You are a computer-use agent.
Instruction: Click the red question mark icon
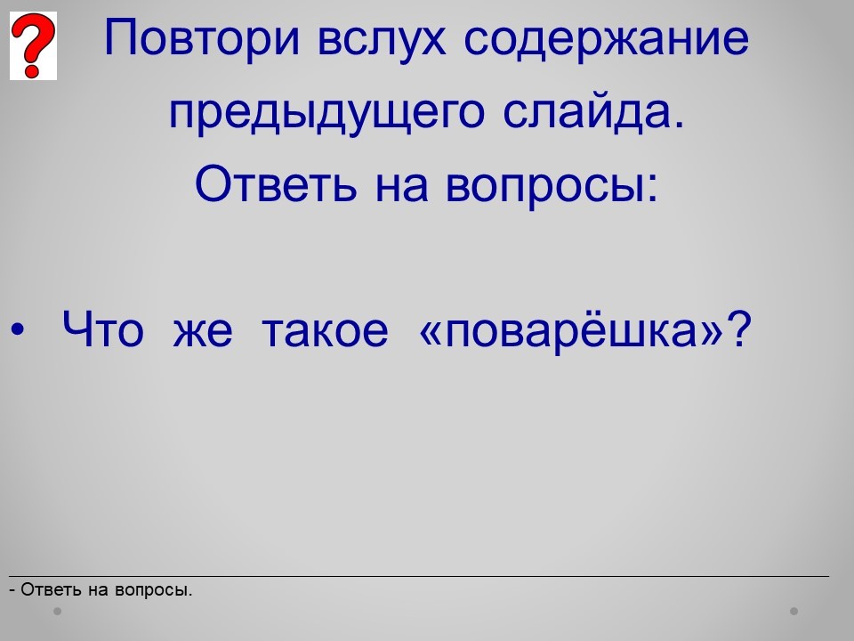pyautogui.click(x=33, y=45)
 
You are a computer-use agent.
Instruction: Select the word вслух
pyautogui.click(x=382, y=39)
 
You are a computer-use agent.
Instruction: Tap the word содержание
pyautogui.click(x=606, y=39)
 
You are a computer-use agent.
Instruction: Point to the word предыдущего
pyautogui.click(x=326, y=113)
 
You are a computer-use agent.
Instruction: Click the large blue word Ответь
pyautogui.click(x=276, y=183)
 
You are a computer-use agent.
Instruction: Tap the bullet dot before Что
pyautogui.click(x=18, y=329)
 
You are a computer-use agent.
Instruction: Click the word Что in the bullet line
pyautogui.click(x=103, y=329)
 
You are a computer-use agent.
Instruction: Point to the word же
pyautogui.click(x=203, y=333)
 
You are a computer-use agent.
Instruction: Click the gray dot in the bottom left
pyautogui.click(x=57, y=611)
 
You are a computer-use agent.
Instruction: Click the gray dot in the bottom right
pyautogui.click(x=794, y=611)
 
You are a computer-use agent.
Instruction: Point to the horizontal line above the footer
pyautogui.click(x=419, y=576)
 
